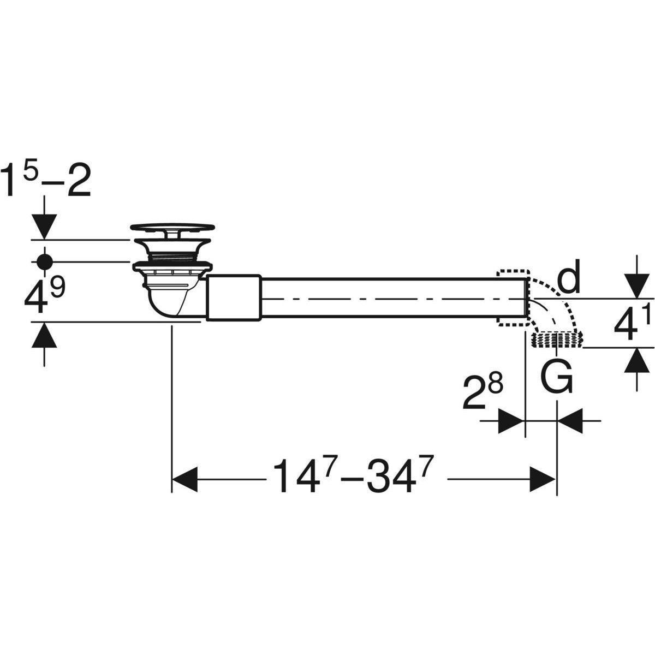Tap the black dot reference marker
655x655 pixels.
(45, 262)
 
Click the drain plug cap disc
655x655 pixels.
(172, 227)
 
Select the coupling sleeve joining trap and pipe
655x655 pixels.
(234, 298)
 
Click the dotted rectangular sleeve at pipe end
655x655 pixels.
(513, 298)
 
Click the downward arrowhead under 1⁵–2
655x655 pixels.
(45, 227)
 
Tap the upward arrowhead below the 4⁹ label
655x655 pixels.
(44, 335)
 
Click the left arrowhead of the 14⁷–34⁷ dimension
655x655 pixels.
(185, 480)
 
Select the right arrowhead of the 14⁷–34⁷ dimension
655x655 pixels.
(543, 480)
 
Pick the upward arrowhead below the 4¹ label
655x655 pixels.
(636, 360)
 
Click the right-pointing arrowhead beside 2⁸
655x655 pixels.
(510, 421)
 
